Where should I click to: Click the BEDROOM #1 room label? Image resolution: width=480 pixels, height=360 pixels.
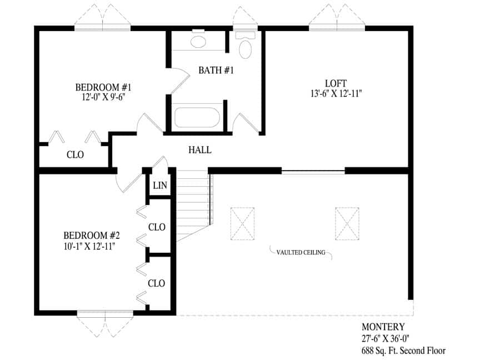tap(103, 87)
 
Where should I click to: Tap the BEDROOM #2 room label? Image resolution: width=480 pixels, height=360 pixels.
tap(92, 236)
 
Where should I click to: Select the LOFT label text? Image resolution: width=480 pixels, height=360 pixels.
tap(336, 83)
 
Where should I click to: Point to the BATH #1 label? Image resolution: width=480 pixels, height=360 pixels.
tap(216, 70)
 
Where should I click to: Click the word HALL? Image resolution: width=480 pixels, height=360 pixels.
tap(199, 149)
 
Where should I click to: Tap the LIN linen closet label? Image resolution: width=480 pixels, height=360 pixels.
tap(160, 185)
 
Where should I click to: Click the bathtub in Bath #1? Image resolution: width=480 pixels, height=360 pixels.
tap(197, 117)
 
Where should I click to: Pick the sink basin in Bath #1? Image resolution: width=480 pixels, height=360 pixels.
tap(198, 42)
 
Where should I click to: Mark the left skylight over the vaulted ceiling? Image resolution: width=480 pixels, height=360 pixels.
tap(242, 223)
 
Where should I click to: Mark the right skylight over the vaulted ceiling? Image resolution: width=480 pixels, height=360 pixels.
tap(347, 223)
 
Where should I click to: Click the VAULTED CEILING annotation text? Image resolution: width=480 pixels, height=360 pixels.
tap(301, 253)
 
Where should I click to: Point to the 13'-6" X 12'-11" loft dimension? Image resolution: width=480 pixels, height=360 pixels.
tap(336, 93)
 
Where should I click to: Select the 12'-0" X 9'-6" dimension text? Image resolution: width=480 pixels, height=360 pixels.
tap(103, 97)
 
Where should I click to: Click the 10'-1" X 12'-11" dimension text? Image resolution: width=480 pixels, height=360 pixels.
tap(89, 246)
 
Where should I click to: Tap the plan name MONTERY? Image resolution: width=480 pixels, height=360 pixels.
tap(383, 327)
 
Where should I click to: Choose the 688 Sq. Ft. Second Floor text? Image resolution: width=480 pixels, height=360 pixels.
tap(403, 350)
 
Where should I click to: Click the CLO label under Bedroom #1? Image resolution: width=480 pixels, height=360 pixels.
tap(75, 154)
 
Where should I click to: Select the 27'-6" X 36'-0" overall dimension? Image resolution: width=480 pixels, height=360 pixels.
tap(386, 338)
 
